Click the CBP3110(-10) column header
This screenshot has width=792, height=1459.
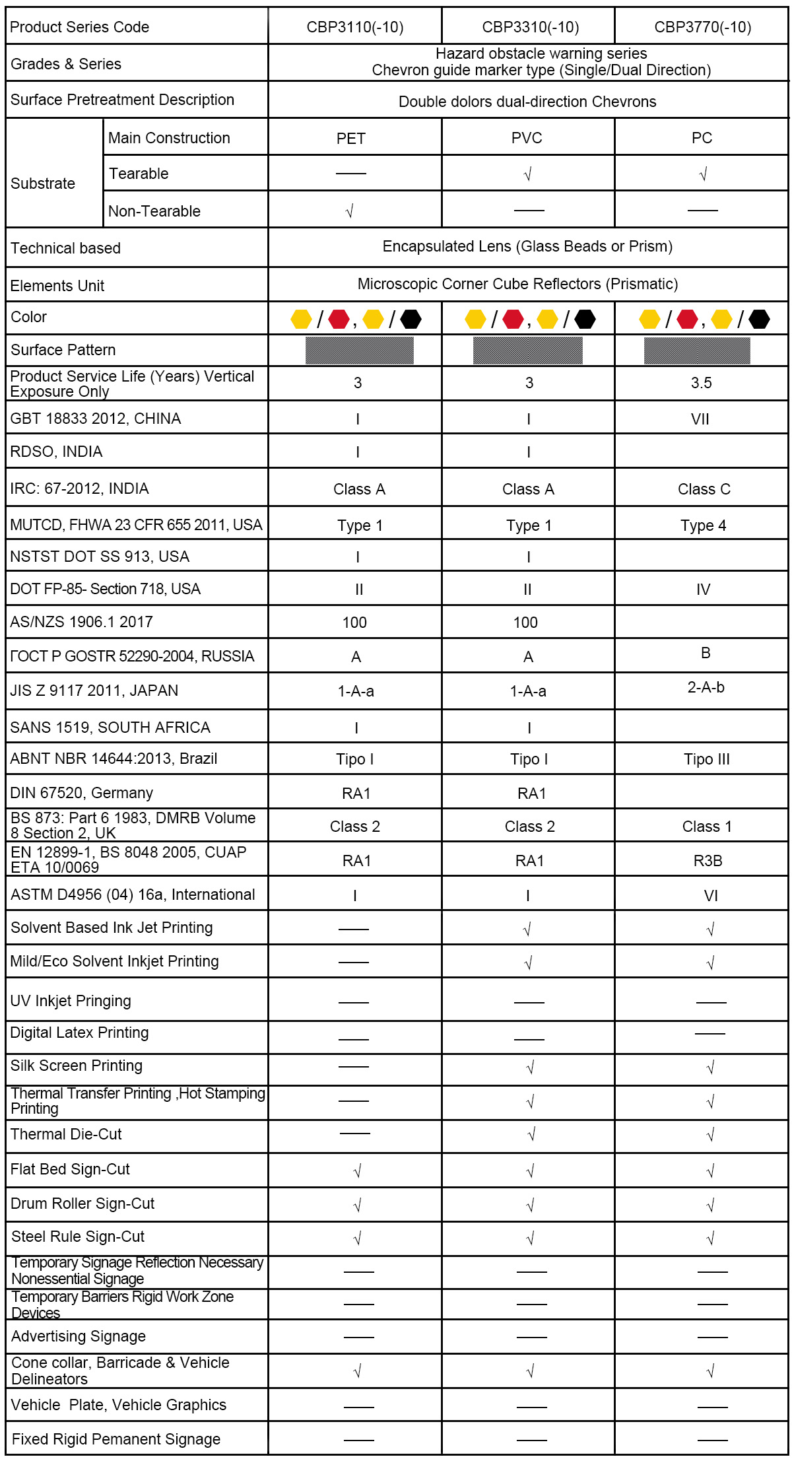355,27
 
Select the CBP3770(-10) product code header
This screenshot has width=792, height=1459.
702,27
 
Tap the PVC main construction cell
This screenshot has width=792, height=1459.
527,138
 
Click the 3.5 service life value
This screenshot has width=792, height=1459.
701,383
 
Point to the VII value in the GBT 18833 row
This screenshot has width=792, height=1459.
700,419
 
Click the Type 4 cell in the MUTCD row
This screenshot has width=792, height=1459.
703,526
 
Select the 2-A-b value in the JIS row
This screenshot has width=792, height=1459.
706,687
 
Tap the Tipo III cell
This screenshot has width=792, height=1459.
706,759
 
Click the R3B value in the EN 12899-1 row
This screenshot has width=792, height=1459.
708,861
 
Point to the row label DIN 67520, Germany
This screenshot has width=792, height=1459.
82,793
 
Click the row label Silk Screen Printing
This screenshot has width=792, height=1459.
77,1066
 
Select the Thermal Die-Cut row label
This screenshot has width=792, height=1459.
67,1134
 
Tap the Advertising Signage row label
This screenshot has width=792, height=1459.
79,1336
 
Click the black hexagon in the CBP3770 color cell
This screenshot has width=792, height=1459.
759,320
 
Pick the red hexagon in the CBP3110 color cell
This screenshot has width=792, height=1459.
339,320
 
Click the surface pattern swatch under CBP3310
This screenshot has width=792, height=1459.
527,351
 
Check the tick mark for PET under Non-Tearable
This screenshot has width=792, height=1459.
350,211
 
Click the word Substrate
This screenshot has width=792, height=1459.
43,184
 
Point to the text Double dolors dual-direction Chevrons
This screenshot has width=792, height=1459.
527,102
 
